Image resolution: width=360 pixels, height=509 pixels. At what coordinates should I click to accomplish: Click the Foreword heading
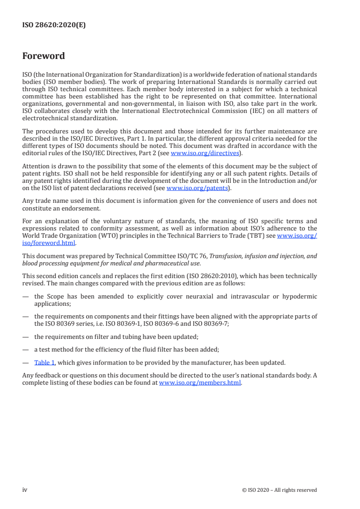pyautogui.click(x=44, y=56)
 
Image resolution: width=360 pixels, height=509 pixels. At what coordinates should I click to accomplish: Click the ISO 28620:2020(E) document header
pyautogui.click(x=54, y=25)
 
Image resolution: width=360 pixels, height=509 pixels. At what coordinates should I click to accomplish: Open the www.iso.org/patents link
pyautogui.click(x=197, y=188)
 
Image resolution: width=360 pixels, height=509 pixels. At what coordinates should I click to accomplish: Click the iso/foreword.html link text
pyautogui.click(x=49, y=242)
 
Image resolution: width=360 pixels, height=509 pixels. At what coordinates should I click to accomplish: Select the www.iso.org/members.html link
pyautogui.click(x=200, y=382)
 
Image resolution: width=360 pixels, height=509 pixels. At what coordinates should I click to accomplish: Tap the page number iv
pyautogui.click(x=25, y=490)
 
